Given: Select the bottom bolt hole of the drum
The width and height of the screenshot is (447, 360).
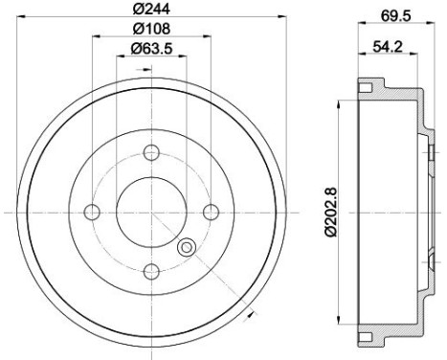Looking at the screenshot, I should click(x=151, y=272).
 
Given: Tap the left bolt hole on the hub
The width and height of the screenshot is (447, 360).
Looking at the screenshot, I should click(x=91, y=212).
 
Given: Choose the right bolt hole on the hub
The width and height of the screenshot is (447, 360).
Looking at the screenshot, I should click(x=212, y=212).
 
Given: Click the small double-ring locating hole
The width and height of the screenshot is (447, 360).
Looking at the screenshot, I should click(x=187, y=247).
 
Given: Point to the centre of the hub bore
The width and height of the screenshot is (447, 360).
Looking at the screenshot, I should click(x=151, y=212).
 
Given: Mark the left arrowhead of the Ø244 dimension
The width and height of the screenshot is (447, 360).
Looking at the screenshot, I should click(x=18, y=18).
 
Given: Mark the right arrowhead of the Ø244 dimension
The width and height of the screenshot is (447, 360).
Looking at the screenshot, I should click(x=282, y=18).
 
